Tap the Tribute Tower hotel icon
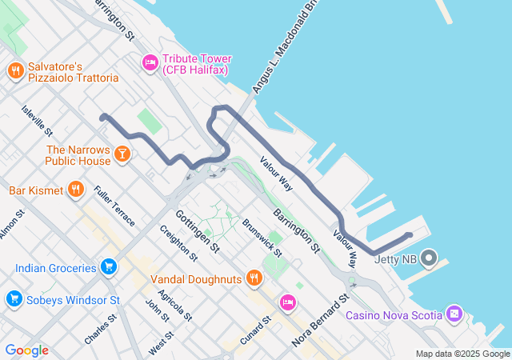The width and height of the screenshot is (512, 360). (x=150, y=62)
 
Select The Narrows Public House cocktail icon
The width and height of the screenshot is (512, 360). (x=122, y=153)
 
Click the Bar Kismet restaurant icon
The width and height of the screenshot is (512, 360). (x=76, y=190)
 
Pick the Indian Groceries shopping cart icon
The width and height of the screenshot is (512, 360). (x=110, y=266)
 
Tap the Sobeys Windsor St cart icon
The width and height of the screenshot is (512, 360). (x=14, y=300)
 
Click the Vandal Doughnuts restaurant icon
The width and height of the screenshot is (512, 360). (x=254, y=278)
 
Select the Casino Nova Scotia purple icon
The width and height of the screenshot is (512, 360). (x=454, y=314)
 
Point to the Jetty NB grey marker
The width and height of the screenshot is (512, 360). (x=430, y=258)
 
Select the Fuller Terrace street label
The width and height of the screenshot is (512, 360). (x=114, y=205)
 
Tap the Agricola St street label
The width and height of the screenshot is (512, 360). (x=175, y=305)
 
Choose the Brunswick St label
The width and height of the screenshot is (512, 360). (x=262, y=237)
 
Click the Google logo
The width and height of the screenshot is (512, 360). (x=26, y=350)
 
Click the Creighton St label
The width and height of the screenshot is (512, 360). (x=178, y=243)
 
